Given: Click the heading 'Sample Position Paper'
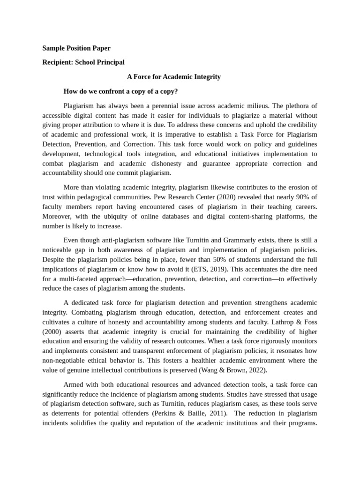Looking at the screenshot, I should click(x=76, y=48).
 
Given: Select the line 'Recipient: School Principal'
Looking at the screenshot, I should click(x=83, y=62).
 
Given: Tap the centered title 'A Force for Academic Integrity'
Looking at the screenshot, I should click(x=174, y=76).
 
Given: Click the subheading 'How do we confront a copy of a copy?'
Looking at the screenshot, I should click(x=120, y=91).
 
